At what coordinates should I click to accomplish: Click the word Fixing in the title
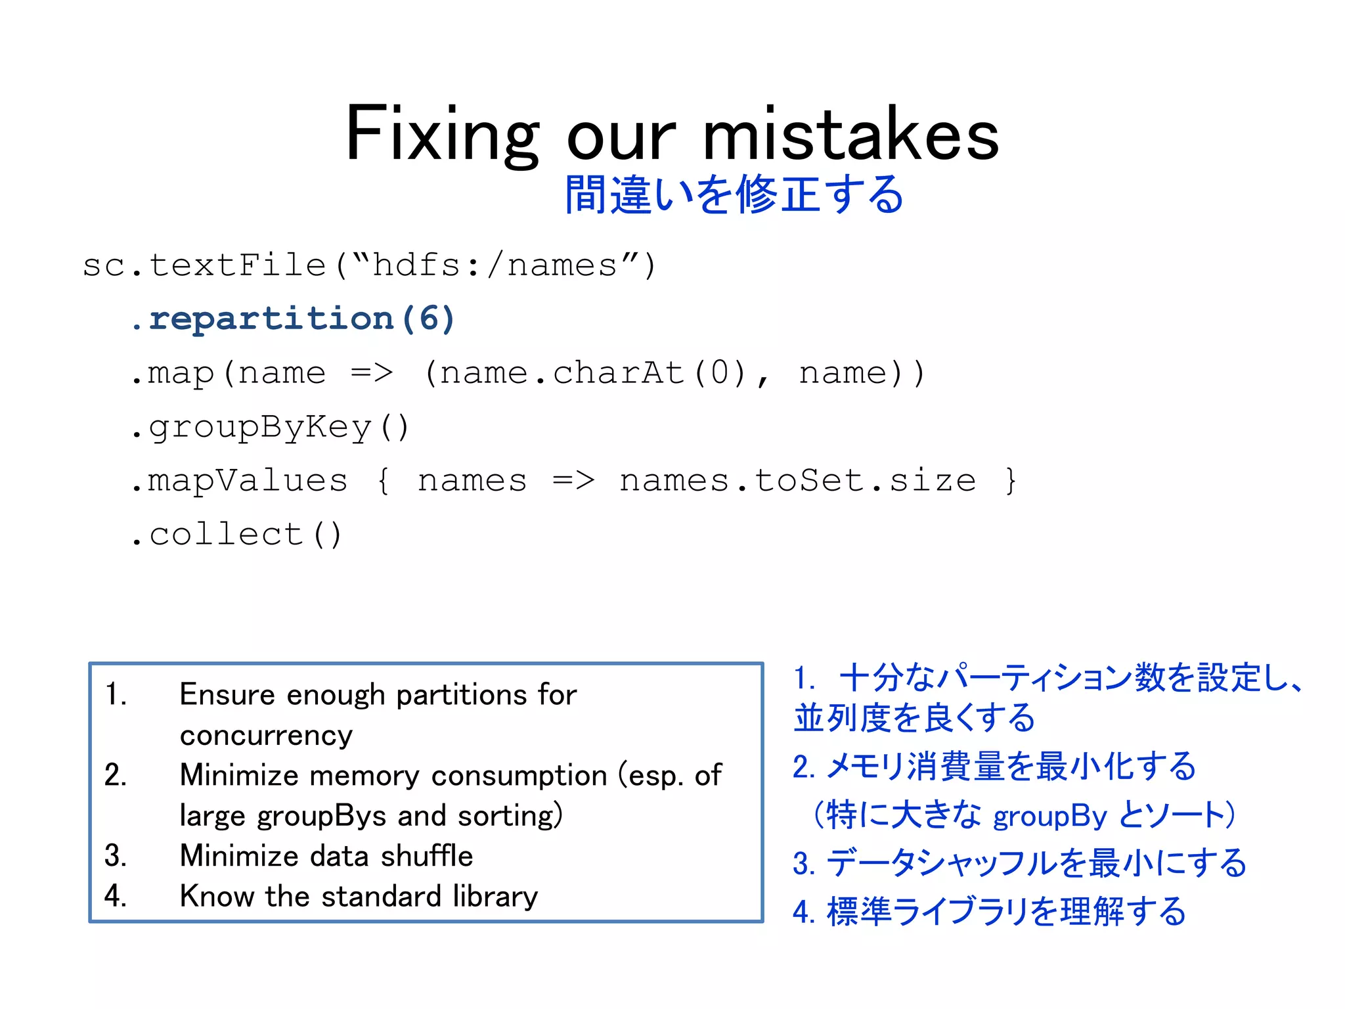(442, 135)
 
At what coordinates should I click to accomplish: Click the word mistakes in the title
(851, 135)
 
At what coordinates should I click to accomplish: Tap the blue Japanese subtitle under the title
(734, 194)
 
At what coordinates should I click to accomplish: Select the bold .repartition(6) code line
(293, 319)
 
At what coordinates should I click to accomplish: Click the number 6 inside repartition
(428, 319)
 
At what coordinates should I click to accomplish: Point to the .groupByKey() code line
(270, 427)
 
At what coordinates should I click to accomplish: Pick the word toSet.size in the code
(865, 481)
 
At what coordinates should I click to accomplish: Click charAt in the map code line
(619, 373)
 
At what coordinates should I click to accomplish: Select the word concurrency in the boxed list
(266, 735)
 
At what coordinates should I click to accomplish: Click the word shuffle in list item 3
(427, 856)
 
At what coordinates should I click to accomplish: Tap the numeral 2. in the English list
(116, 775)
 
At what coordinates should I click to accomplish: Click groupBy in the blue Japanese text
(1050, 816)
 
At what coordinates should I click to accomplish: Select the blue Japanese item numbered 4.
(989, 912)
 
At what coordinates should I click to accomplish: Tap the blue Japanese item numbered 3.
(1019, 863)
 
